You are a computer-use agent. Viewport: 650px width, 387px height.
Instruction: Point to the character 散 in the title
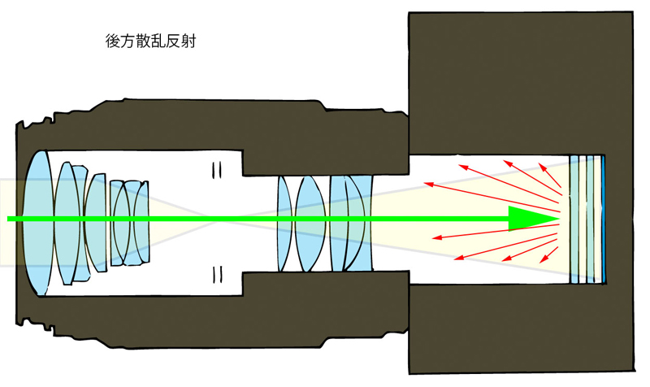[146, 41]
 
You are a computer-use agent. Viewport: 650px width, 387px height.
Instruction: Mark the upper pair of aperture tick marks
[217, 170]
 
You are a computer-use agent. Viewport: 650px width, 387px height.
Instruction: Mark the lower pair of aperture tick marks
[217, 271]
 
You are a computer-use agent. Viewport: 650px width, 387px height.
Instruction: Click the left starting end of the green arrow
[10, 219]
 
